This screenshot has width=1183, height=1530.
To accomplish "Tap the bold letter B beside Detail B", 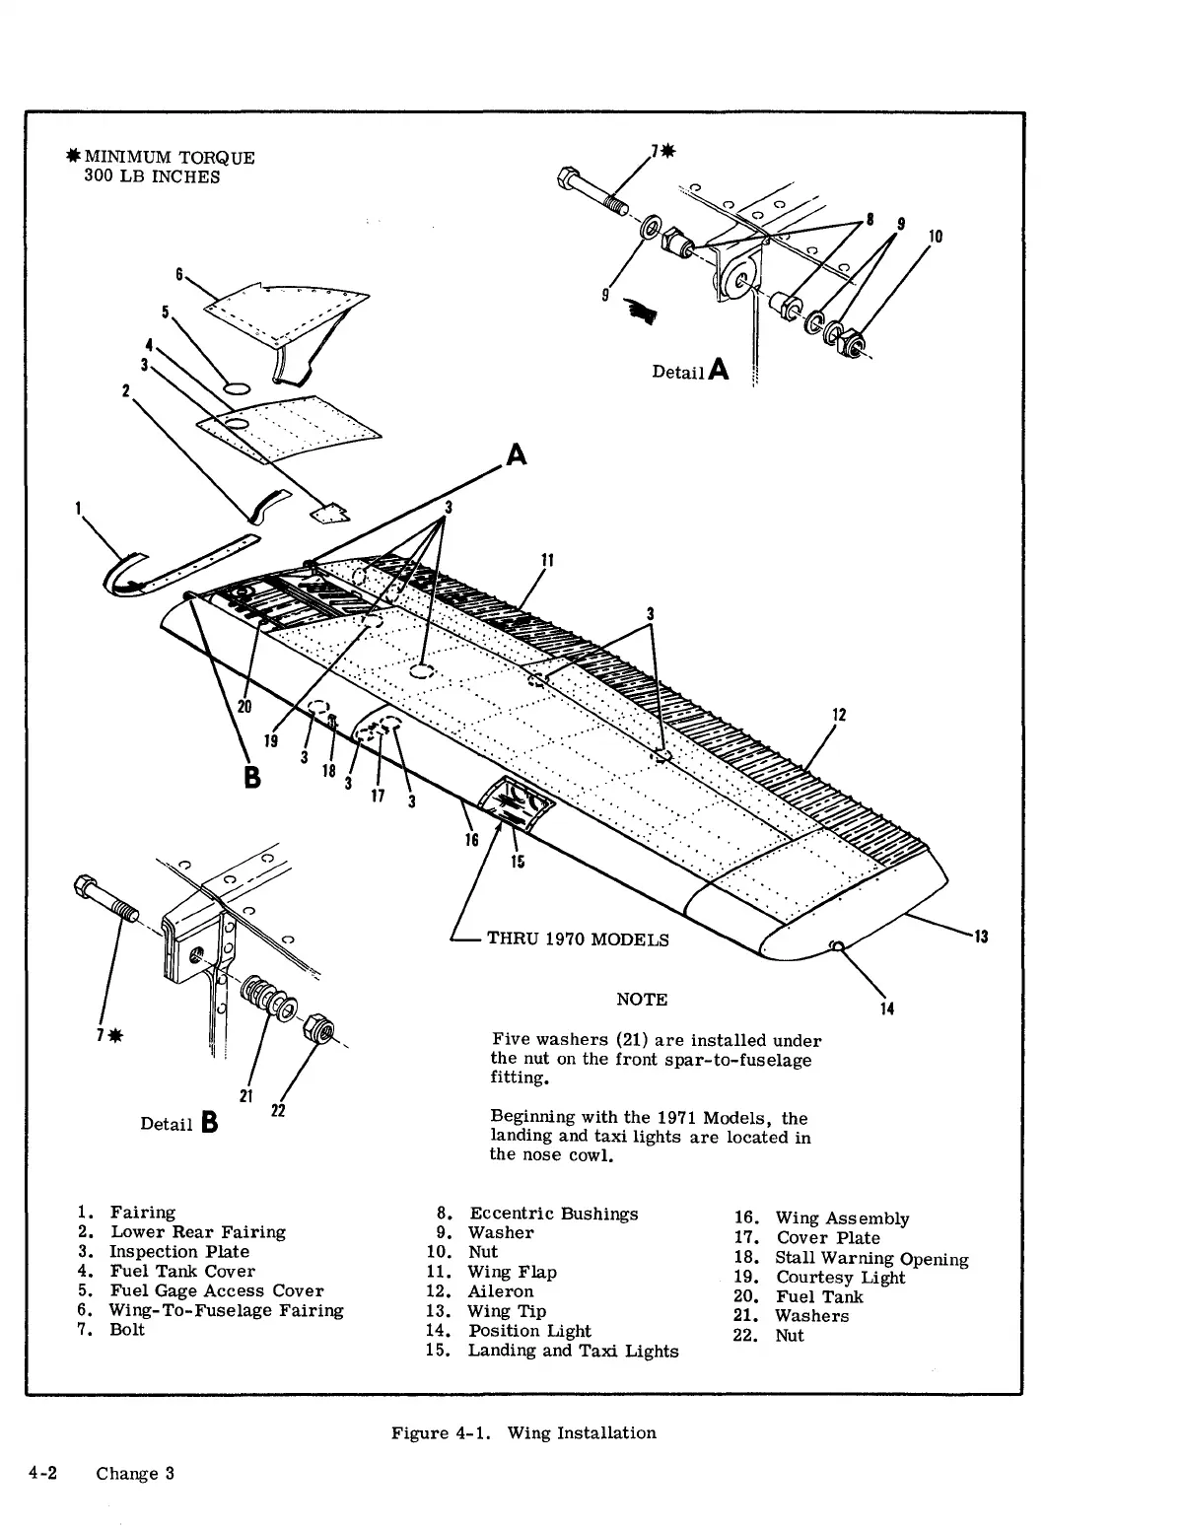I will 208,1122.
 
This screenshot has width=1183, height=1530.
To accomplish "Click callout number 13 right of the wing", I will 981,936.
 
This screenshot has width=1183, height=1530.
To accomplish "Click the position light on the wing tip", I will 837,947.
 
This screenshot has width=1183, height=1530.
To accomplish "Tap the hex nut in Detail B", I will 321,1027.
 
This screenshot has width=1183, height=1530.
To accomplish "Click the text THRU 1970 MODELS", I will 578,939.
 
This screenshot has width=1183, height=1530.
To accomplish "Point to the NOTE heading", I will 641,999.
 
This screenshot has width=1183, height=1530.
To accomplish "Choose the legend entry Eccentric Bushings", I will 553,1214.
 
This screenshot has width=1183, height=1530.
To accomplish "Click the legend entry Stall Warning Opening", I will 871,1258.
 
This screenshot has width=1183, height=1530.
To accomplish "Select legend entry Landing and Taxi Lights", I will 573,1350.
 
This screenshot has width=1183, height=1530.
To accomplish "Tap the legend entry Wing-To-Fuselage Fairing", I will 226,1310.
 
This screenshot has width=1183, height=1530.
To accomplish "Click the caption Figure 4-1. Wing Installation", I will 523,1432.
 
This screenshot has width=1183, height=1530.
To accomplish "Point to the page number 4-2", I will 40,1474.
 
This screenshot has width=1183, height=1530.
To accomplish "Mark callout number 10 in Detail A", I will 935,237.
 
